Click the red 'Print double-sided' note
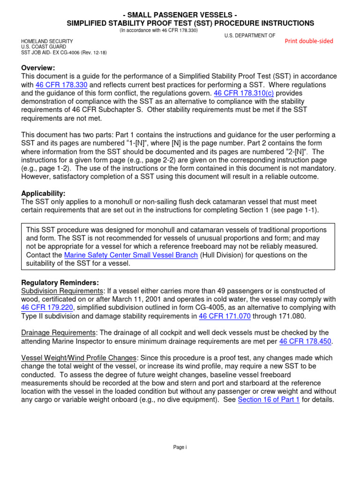click(x=309, y=41)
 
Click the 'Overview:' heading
click(x=38, y=67)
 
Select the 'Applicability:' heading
click(x=43, y=194)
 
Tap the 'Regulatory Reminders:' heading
click(x=60, y=283)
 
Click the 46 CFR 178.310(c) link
click(x=244, y=94)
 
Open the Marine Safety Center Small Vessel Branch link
click(x=131, y=255)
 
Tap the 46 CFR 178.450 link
click(x=306, y=342)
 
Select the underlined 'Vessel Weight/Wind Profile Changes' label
click(x=79, y=358)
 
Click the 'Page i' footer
click(x=180, y=448)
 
